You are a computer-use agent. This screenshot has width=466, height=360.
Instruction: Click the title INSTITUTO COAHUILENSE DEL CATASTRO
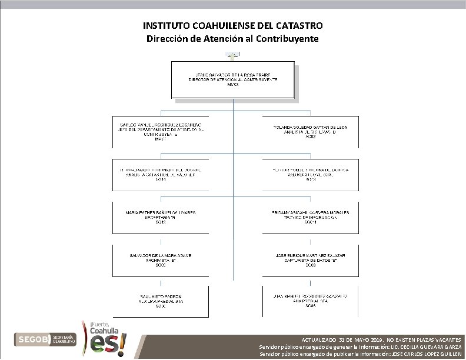[232, 26]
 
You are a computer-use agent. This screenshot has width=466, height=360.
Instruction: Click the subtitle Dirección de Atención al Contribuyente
[232, 39]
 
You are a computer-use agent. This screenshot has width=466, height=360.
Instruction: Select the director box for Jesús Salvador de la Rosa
[232, 79]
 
